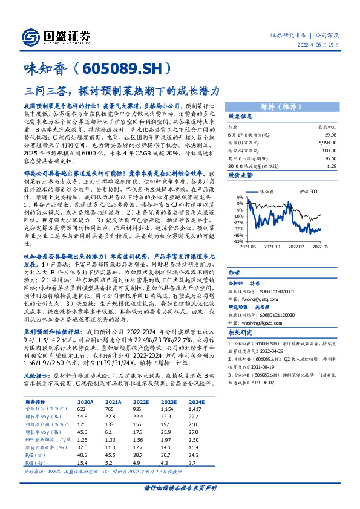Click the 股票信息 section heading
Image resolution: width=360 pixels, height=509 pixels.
(x=240, y=115)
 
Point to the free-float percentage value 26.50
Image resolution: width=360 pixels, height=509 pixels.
(x=330, y=158)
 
